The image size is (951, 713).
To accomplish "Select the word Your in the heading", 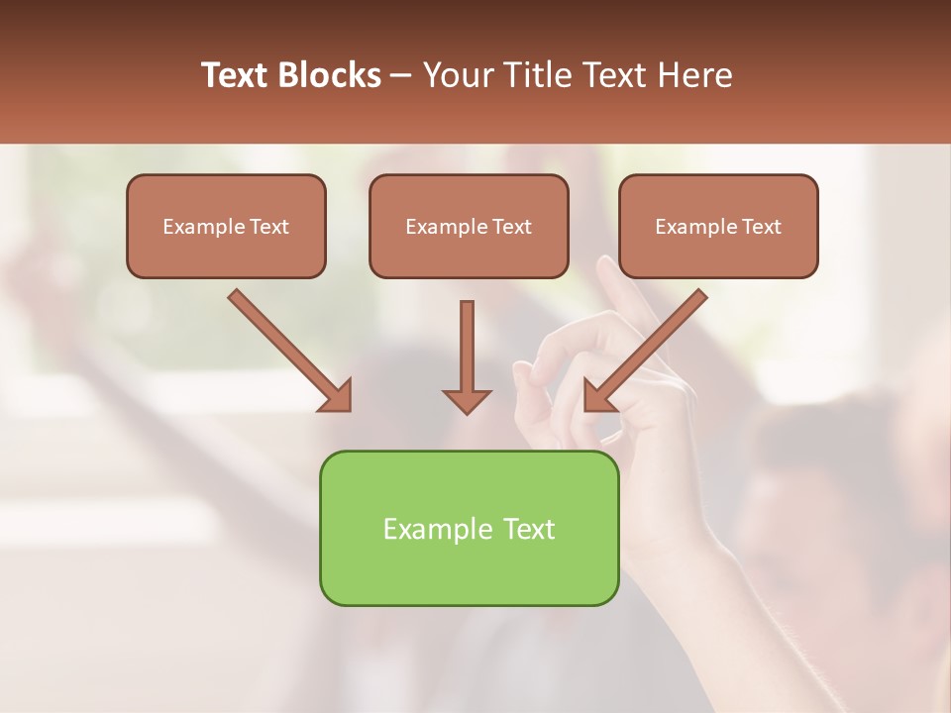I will pyautogui.click(x=459, y=75).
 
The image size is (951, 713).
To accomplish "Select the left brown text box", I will pyautogui.click(x=226, y=226).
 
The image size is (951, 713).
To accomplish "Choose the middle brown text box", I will pyautogui.click(x=469, y=226).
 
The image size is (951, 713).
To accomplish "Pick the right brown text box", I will pyautogui.click(x=718, y=226).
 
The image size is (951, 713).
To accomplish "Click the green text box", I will pyautogui.click(x=469, y=528).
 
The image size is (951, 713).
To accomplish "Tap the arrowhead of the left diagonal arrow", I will pyautogui.click(x=337, y=396).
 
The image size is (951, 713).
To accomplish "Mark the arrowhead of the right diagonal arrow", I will pyautogui.click(x=598, y=396).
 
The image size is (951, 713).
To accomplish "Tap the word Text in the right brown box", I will pyautogui.click(x=762, y=227).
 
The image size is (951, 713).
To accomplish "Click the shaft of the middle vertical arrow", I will pyautogui.click(x=467, y=342).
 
